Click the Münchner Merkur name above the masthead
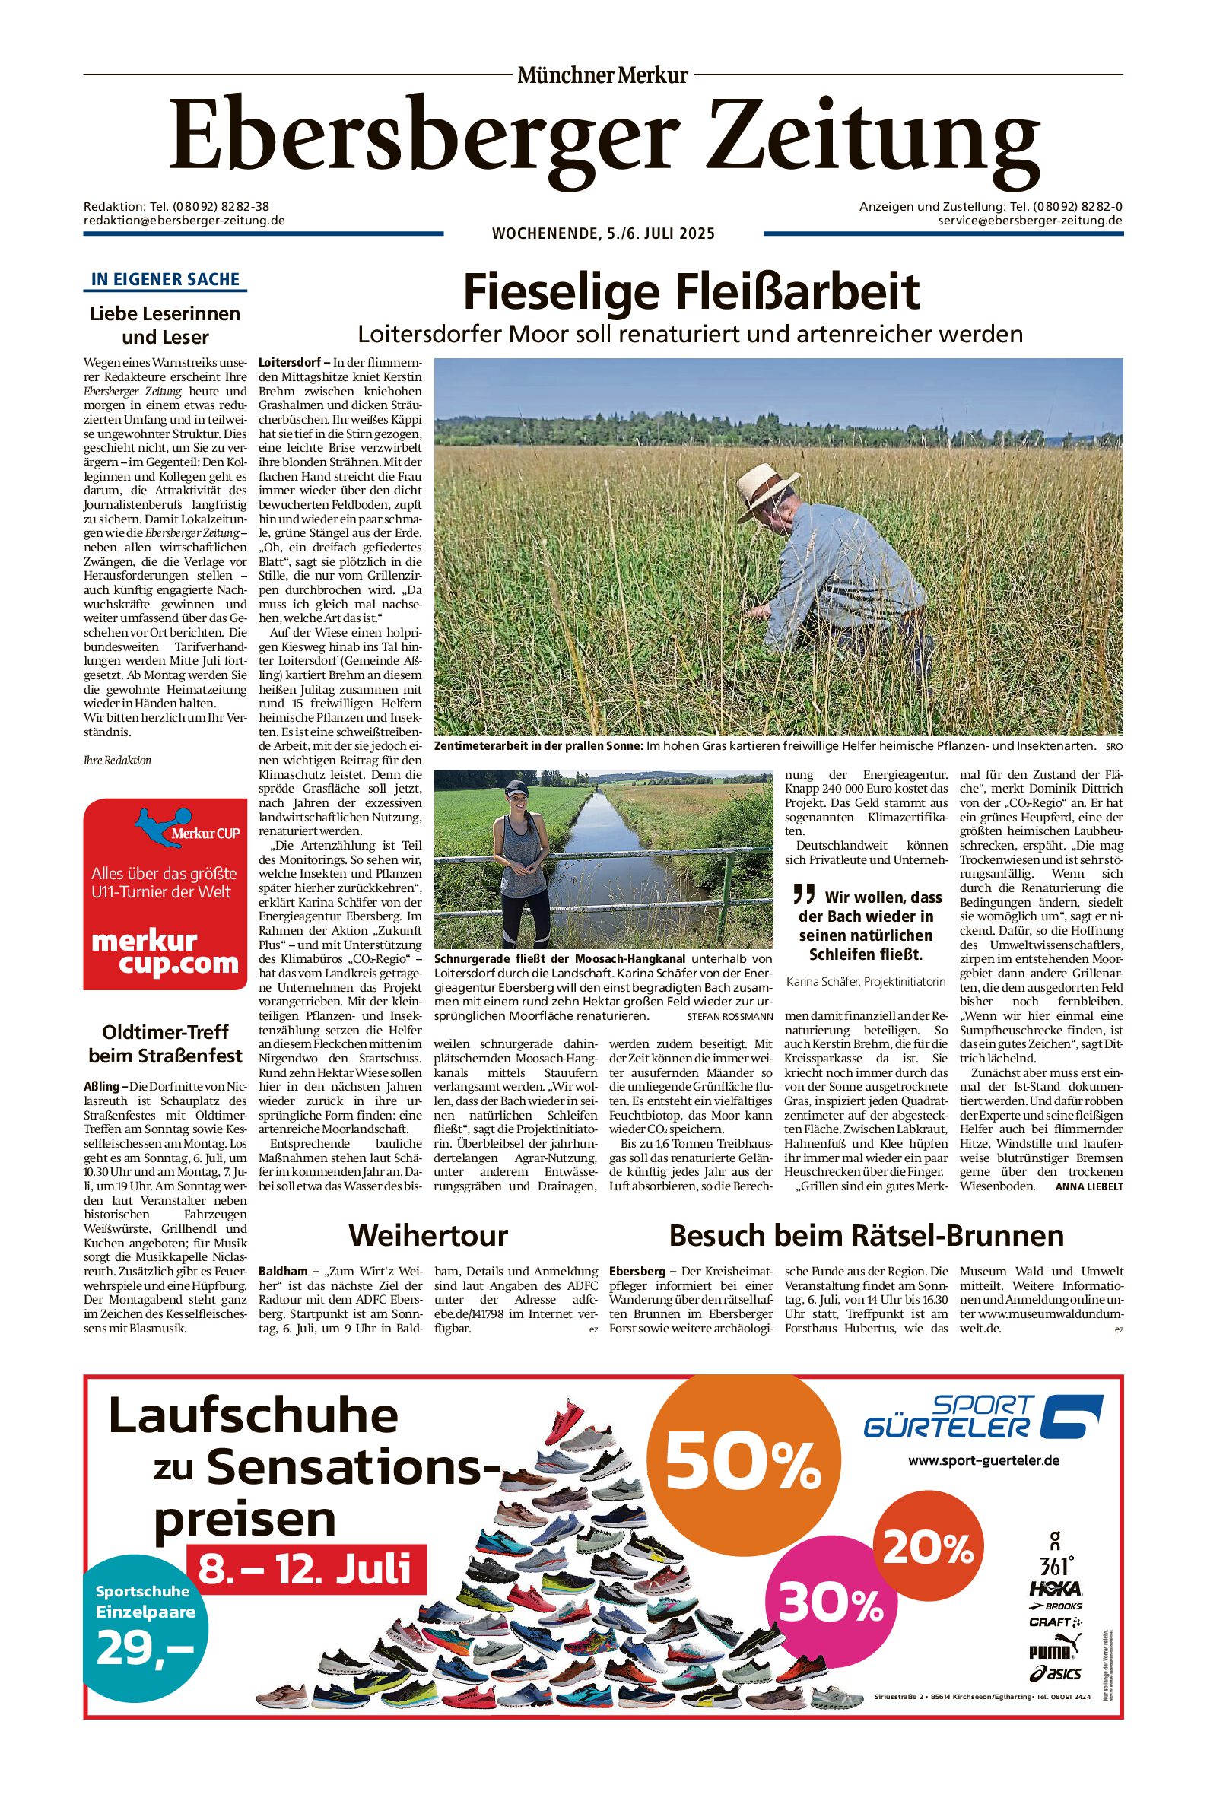(x=602, y=75)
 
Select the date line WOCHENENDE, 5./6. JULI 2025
(x=602, y=233)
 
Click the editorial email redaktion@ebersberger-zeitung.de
(x=184, y=220)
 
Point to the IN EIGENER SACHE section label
(x=165, y=279)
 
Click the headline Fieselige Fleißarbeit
(x=691, y=292)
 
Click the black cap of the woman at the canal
(x=518, y=788)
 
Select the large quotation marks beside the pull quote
(x=804, y=894)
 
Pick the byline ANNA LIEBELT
(x=1088, y=1186)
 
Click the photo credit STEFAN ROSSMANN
(x=729, y=1017)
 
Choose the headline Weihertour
(x=428, y=1235)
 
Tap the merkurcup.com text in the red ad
(x=165, y=952)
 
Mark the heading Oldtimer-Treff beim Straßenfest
(x=165, y=1044)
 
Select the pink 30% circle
(x=832, y=1603)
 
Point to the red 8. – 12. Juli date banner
(x=306, y=1568)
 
